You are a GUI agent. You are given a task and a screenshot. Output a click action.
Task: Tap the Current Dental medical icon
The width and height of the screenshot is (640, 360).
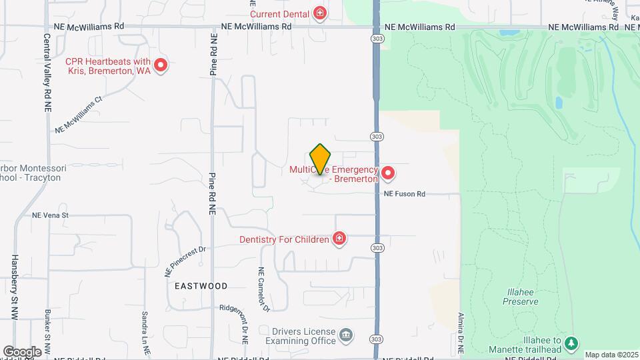[x=321, y=13]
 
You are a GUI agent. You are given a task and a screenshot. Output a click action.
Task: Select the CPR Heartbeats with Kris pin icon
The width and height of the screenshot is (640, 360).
[x=160, y=65]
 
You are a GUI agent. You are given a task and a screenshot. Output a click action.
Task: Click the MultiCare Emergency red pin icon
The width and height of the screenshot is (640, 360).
[x=387, y=173]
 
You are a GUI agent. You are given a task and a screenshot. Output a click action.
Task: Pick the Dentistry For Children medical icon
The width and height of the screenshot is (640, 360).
[x=339, y=239]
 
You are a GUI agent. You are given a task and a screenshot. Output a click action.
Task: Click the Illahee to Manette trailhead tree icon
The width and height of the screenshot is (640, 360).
[x=571, y=343]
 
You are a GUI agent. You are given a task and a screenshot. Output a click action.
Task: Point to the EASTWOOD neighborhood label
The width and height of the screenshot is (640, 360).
[x=201, y=285]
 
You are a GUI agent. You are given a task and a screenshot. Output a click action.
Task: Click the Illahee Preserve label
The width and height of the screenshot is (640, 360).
[x=521, y=297]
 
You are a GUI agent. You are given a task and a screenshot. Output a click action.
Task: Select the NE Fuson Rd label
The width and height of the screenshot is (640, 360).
[x=404, y=194]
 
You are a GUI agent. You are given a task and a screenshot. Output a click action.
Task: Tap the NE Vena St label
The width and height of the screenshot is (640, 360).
[x=51, y=215]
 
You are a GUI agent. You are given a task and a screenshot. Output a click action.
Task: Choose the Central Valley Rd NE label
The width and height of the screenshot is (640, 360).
[x=48, y=73]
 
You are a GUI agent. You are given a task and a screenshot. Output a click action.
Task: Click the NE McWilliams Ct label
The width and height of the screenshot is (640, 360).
[x=79, y=115]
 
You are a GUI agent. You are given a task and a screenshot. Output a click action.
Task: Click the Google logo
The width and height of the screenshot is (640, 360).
[x=22, y=351]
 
